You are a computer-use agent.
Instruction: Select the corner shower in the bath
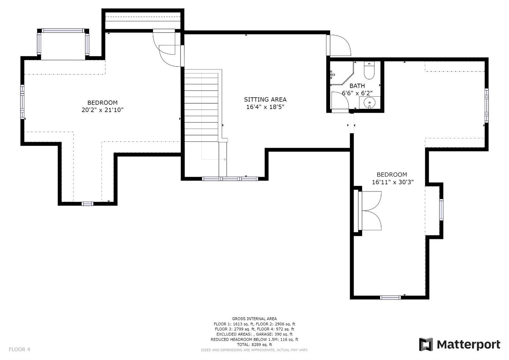tap(342, 73)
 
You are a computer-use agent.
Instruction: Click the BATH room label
tap(357, 86)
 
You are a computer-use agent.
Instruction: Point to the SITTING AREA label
tap(265, 100)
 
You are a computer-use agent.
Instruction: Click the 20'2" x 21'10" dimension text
tap(102, 110)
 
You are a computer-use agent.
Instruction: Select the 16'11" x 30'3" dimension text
tap(393, 182)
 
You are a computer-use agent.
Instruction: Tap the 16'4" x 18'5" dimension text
tap(265, 107)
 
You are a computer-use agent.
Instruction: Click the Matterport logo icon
tap(426, 344)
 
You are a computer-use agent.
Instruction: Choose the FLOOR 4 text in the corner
tap(19, 349)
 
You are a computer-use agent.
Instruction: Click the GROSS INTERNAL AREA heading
tap(254, 319)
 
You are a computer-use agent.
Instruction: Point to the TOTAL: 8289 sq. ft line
tap(254, 345)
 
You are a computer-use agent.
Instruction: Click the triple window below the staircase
tap(230, 179)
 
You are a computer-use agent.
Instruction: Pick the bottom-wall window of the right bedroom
tap(390, 298)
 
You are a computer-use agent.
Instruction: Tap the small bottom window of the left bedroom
tap(88, 204)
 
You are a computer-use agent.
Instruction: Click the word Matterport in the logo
tap(469, 345)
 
